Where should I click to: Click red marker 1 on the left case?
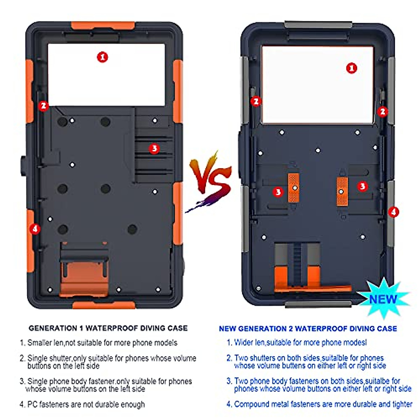[102, 57]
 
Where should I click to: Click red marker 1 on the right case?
[351, 68]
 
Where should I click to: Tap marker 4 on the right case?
[393, 212]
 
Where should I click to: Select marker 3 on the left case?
[154, 148]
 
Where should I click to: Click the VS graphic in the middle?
[210, 182]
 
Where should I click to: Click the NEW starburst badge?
[383, 299]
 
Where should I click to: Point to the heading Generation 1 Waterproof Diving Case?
[108, 328]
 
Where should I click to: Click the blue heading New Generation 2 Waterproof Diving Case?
[308, 329]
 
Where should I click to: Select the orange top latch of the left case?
[103, 26]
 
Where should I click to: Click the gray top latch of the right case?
[318, 24]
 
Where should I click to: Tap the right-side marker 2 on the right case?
[382, 111]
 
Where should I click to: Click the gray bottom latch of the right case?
[318, 304]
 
